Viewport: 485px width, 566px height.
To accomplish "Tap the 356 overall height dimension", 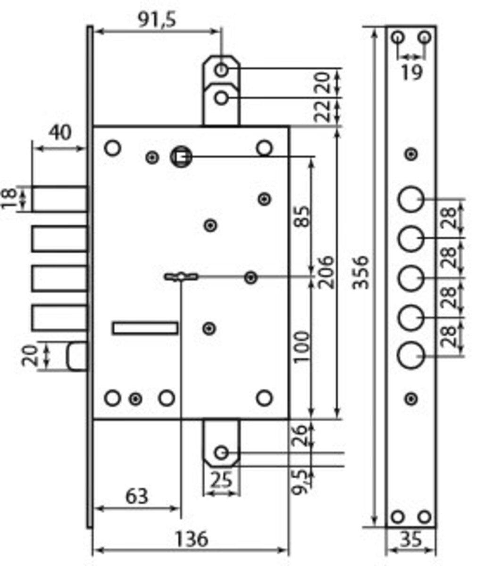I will tap(361, 272).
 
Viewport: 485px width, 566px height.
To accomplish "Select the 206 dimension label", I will tap(326, 272).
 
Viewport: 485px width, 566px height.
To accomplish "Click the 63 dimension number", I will tap(137, 496).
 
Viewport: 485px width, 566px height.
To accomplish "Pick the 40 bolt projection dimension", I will tap(60, 133).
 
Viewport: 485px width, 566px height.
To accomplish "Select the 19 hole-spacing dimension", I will tap(411, 72).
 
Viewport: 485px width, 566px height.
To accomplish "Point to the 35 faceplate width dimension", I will tap(410, 539).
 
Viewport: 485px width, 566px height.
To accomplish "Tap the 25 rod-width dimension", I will tap(221, 480).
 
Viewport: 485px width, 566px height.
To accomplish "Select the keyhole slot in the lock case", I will tap(181, 277).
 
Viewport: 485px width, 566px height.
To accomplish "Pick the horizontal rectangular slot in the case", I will tap(145, 328).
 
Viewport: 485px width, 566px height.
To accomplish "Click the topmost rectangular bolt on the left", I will tap(59, 199).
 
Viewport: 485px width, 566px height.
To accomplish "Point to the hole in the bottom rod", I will tap(221, 453).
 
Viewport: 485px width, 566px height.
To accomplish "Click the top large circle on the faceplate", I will tap(410, 200).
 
